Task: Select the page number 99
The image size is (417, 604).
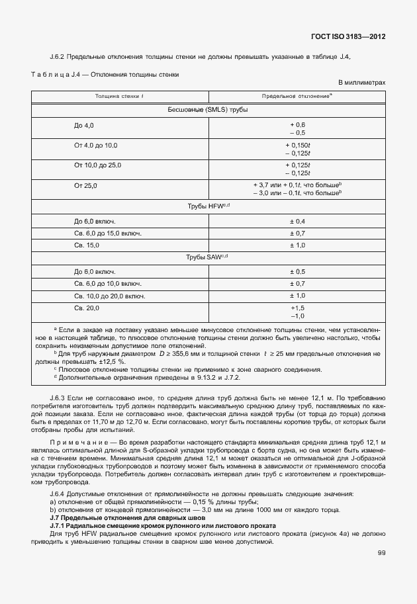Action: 381,553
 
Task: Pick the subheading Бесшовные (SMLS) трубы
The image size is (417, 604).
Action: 208,109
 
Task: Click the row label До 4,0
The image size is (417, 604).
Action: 84,125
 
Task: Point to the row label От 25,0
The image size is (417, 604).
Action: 86,186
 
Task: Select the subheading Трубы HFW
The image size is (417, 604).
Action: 208,206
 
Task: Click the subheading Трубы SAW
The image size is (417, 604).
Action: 208,257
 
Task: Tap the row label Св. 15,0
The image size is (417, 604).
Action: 87,245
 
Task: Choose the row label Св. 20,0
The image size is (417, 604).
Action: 87,308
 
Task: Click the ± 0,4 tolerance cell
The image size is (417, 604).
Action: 297,220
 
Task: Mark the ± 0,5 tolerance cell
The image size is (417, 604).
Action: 297,271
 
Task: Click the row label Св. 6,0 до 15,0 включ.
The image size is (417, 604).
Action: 108,233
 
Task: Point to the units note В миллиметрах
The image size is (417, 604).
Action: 361,83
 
